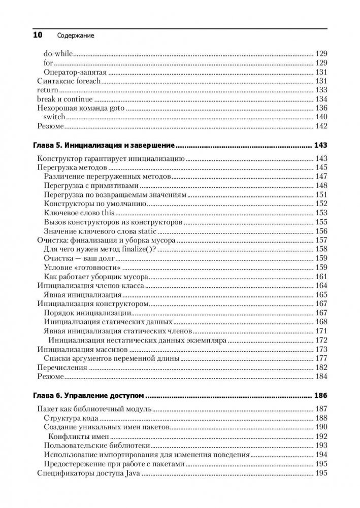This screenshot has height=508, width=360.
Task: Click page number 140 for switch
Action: pyautogui.click(x=321, y=117)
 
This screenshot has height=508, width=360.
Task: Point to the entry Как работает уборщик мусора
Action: pyautogui.click(x=96, y=277)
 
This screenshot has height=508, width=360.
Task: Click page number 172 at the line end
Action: pyautogui.click(x=321, y=340)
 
